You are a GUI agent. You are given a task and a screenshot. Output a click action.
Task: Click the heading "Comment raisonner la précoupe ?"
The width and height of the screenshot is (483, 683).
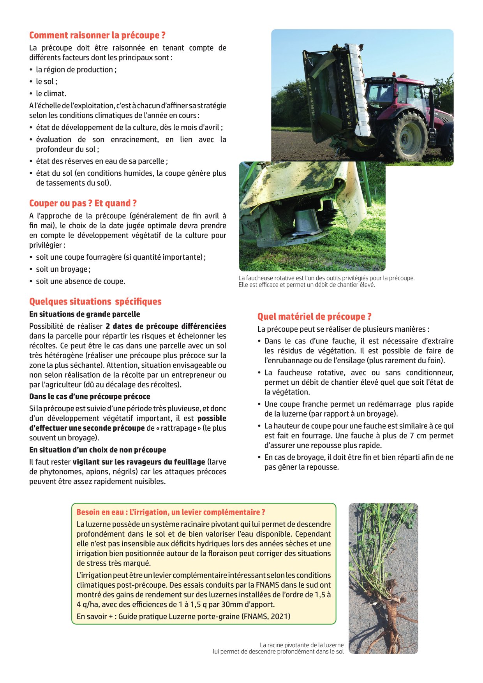(x=97, y=35)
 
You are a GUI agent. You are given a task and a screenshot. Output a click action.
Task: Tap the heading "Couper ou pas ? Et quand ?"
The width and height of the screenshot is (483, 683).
(x=83, y=203)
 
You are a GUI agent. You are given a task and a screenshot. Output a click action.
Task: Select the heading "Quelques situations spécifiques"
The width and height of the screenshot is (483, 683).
(x=95, y=302)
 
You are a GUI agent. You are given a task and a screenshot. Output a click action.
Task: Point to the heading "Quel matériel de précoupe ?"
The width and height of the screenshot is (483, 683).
(x=314, y=317)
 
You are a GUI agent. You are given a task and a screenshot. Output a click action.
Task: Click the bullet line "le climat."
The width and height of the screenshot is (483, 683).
(x=51, y=93)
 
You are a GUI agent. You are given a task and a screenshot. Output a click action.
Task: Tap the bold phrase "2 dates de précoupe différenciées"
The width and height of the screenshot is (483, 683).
(x=166, y=326)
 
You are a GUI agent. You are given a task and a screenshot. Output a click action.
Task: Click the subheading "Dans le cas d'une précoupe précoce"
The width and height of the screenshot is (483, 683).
(x=90, y=397)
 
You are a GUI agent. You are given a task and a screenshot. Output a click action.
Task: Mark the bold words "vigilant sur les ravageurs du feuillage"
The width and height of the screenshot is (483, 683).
(x=139, y=462)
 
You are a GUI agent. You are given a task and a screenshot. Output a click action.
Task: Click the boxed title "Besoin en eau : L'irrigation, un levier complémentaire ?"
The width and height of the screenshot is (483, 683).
(x=171, y=512)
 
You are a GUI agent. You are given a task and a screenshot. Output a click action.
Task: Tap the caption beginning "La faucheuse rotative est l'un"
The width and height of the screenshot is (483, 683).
(x=326, y=278)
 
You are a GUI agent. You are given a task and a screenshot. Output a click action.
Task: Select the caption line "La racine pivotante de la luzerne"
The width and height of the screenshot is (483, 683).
(x=301, y=645)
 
